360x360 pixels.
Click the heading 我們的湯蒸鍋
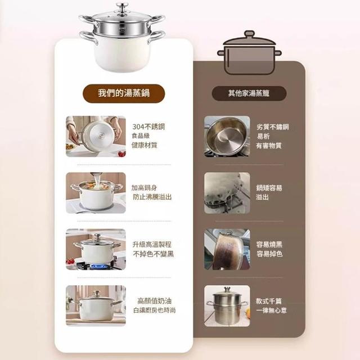(124, 93)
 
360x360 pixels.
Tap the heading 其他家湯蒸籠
(249, 93)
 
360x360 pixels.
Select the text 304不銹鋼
(148, 127)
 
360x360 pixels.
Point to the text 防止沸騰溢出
(152, 197)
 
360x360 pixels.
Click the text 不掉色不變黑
(154, 254)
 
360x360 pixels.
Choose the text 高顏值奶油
(154, 301)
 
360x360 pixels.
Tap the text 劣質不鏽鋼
(272, 127)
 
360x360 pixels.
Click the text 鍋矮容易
(269, 188)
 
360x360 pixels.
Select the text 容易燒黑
(269, 244)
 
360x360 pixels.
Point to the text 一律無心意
(271, 310)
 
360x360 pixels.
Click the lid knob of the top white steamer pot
(122, 6)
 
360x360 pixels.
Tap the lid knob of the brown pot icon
(249, 34)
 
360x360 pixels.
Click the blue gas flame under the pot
(99, 266)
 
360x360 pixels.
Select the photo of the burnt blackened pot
(227, 249)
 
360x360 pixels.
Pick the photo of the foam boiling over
(227, 193)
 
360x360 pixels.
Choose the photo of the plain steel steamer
(227, 306)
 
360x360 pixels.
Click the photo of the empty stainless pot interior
(227, 136)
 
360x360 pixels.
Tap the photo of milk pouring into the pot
(96, 193)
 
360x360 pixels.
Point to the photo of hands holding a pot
(96, 136)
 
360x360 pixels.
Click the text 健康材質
(144, 145)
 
